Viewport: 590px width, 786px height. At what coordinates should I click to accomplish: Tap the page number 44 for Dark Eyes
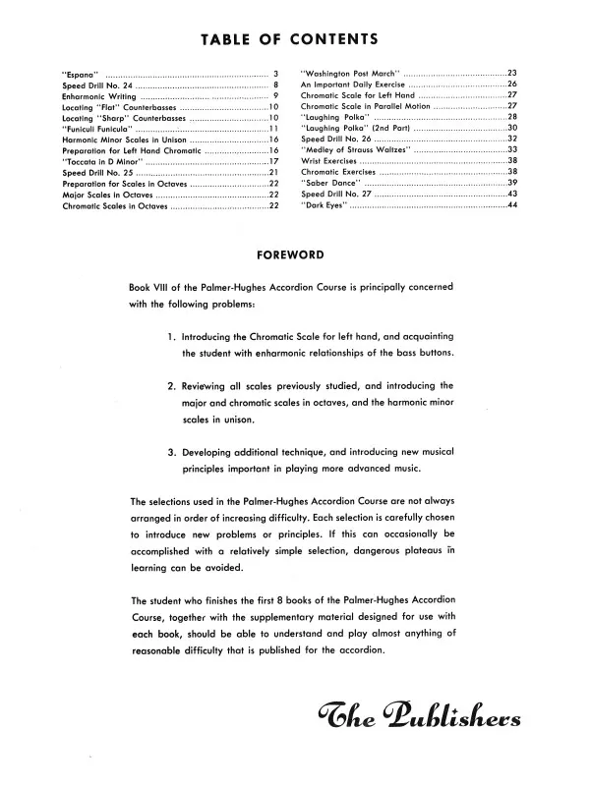pos(511,204)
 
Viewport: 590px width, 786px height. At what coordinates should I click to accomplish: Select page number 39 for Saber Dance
pos(511,183)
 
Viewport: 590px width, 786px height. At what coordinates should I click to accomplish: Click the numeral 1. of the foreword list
pos(172,340)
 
